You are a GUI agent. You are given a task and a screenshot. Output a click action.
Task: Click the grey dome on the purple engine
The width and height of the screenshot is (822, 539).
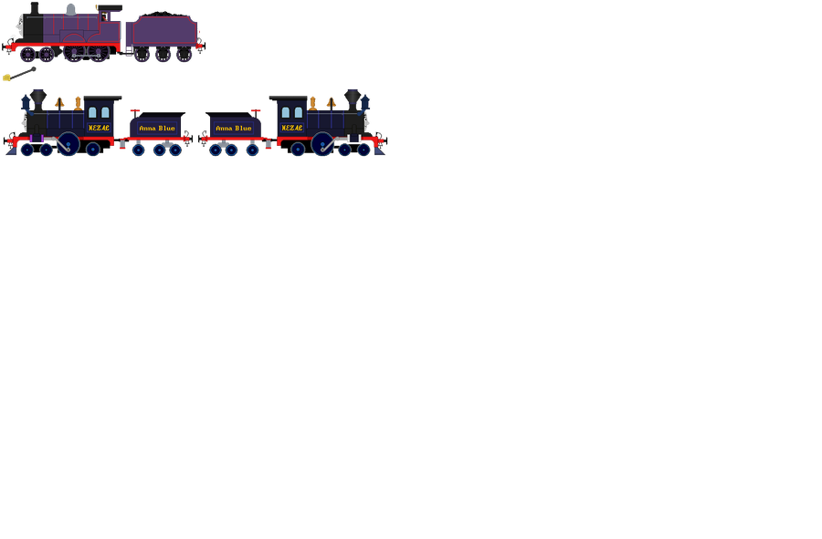(70, 9)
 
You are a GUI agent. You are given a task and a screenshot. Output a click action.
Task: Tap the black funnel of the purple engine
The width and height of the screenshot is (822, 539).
(35, 8)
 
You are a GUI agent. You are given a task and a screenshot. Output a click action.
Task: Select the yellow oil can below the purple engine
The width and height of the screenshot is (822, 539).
(7, 78)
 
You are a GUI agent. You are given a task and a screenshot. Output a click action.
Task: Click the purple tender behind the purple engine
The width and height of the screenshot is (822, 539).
(161, 33)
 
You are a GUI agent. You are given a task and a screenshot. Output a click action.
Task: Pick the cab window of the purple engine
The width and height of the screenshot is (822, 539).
(106, 16)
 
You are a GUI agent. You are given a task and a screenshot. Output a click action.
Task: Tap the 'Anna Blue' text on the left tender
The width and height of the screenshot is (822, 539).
(156, 129)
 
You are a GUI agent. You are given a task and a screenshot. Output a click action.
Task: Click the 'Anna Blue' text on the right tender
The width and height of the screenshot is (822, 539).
(234, 129)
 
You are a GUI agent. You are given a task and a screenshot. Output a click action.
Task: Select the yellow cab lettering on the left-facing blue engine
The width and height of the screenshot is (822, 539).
(99, 129)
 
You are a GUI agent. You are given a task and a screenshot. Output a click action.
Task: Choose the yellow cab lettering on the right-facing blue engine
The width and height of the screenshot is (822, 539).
(291, 129)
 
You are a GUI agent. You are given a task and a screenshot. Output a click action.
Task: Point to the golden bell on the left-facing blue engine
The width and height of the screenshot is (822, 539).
(60, 101)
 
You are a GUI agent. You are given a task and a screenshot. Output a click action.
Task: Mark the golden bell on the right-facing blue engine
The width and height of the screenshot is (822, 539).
(331, 101)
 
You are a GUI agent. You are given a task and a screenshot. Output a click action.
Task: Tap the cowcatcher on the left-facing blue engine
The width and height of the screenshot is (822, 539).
(12, 149)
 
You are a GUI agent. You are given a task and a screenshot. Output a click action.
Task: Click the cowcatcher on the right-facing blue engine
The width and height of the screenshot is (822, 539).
(379, 149)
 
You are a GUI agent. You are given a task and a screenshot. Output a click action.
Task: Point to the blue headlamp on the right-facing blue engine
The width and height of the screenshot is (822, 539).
(365, 102)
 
